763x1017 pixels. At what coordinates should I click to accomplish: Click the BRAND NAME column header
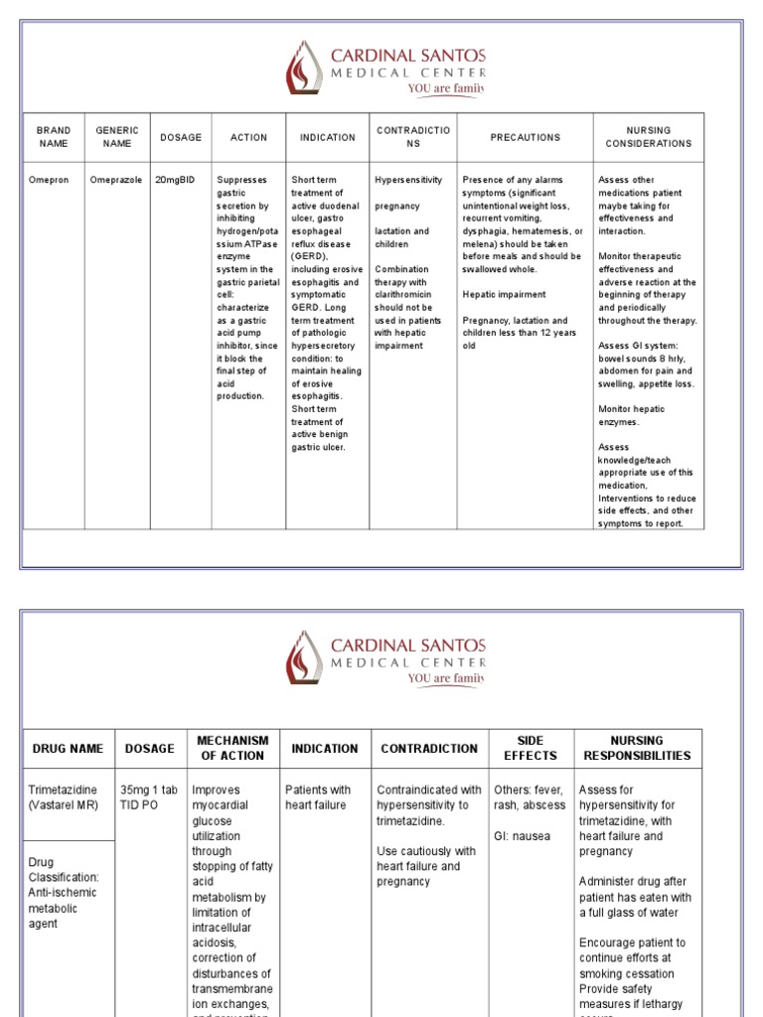click(54, 137)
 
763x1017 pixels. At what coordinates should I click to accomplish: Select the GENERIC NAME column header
click(116, 137)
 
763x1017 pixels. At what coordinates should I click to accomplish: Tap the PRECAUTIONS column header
click(525, 137)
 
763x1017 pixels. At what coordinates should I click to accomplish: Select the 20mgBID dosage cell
click(175, 180)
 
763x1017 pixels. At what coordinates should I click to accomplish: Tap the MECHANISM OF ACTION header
click(232, 749)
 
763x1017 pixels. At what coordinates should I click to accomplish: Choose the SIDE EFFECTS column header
click(530, 749)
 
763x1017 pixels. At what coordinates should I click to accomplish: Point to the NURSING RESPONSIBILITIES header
click(637, 749)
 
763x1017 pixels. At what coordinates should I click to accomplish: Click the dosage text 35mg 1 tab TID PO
click(147, 798)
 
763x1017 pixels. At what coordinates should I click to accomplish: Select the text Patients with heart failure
click(318, 798)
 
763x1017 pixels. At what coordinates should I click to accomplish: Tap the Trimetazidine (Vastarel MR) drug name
click(64, 798)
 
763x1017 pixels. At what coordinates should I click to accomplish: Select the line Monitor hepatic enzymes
click(631, 415)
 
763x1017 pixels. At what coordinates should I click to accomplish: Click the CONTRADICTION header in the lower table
click(429, 749)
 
